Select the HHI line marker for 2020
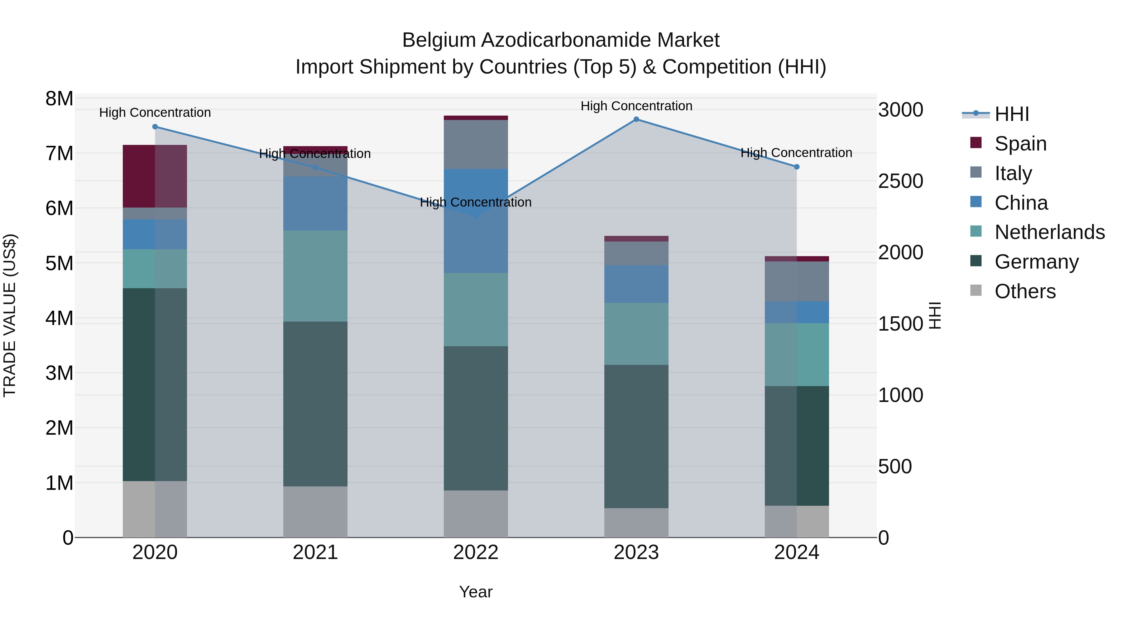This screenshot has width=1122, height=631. pos(155,127)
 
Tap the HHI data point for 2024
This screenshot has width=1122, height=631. pos(797,167)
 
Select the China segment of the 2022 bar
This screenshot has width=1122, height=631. pos(476,221)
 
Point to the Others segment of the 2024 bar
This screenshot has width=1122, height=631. pos(797,521)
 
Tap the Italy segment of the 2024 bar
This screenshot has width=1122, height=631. pos(797,281)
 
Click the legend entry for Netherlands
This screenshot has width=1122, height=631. pos(1049,232)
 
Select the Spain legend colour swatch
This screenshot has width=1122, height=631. pos(976,143)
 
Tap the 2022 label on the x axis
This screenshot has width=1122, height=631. pos(476,552)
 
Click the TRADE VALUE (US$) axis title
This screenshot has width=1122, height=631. pos(10,315)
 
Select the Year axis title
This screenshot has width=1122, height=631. pos(476,592)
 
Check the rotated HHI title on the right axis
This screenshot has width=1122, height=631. pos(935,315)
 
